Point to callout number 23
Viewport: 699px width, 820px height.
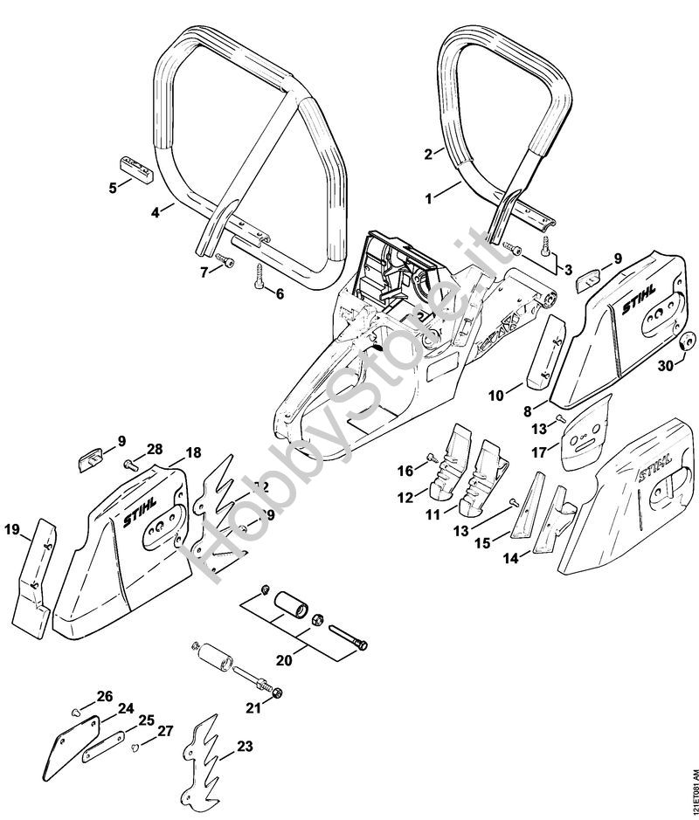tap(244, 747)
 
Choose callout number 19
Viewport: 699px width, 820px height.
tap(11, 529)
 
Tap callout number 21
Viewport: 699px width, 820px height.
tap(253, 707)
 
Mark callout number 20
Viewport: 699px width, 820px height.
tap(282, 660)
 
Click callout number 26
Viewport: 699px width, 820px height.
tap(105, 696)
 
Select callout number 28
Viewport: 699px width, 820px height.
tap(155, 449)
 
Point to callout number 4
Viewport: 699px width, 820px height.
tap(154, 210)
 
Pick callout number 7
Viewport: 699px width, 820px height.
tap(205, 272)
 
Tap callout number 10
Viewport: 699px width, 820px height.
tap(496, 396)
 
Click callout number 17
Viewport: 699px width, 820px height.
tap(539, 451)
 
